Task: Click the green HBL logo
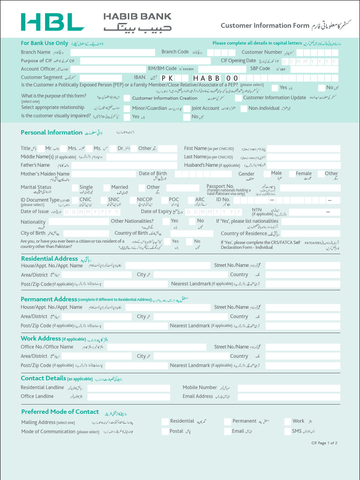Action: [x=52, y=22]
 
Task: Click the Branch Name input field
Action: [x=112, y=52]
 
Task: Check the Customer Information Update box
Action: [x=239, y=98]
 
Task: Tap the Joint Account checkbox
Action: [x=186, y=108]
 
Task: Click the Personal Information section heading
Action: [x=52, y=133]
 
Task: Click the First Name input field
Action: [x=303, y=149]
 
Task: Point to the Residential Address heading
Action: [x=49, y=259]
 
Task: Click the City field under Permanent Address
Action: [x=180, y=317]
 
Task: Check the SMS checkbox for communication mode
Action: [x=288, y=432]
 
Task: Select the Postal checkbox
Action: [x=165, y=432]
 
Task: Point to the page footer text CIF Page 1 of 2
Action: [x=324, y=443]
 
